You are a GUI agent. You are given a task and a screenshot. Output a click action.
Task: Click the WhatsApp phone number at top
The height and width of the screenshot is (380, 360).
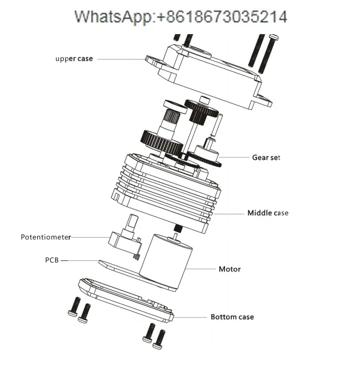[180, 17]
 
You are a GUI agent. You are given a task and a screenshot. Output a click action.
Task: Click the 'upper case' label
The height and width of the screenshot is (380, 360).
[74, 59]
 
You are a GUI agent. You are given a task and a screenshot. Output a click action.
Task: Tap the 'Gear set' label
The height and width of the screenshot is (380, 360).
[266, 157]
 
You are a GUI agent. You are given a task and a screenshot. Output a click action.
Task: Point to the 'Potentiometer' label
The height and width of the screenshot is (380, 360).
[46, 237]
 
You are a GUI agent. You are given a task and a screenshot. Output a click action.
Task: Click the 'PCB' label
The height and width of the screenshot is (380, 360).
[52, 260]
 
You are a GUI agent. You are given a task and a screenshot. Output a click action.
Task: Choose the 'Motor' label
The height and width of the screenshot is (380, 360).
[230, 269]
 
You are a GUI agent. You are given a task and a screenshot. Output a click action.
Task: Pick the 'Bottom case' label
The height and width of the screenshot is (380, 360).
[232, 317]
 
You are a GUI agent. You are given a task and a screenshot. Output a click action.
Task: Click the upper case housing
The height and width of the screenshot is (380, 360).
[207, 78]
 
